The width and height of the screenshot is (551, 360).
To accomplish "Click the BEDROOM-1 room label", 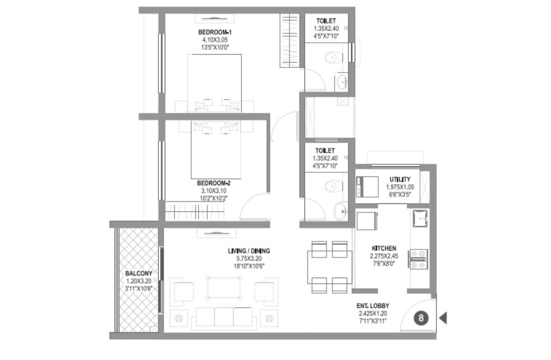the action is coord(215,32).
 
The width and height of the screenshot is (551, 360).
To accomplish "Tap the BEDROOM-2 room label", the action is coord(214,183).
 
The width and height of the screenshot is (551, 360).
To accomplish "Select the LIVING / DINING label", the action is coord(249,251).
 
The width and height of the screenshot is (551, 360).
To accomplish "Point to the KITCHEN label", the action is coord(383,248).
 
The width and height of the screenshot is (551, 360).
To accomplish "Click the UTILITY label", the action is coord(400,180).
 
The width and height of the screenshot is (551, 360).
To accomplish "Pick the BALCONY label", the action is coord(139,274).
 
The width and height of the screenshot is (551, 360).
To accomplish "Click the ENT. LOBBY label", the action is coord(373,306).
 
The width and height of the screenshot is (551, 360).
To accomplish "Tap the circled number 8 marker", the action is coord(421,319).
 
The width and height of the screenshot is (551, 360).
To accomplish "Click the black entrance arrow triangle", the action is coord(443,318).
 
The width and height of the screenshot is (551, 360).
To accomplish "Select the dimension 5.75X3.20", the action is coord(249,259).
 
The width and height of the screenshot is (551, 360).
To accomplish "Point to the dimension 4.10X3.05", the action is coord(215,40).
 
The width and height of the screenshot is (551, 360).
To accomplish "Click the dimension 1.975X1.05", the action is coord(400,187).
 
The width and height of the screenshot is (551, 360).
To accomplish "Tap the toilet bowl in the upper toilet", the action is coord(333,57).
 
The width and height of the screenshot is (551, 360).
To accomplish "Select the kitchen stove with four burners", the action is coord(418,259).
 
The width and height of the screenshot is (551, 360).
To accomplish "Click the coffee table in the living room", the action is coord(224,287).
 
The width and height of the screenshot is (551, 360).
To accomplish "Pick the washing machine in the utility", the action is coord(367,186).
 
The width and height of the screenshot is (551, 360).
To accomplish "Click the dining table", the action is coord(329,267).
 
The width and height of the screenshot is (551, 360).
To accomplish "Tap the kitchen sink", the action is coord(420,218).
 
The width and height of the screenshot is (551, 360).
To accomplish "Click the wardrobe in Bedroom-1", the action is coord(290,40).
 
